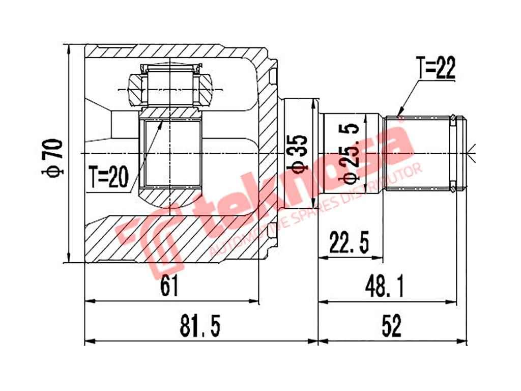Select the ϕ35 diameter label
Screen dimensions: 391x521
pos(299,153)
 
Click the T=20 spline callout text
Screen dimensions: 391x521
pos(107,177)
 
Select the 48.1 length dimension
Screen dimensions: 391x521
pos(386,288)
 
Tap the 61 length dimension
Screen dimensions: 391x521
pos(169,288)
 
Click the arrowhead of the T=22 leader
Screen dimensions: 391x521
pos(398,114)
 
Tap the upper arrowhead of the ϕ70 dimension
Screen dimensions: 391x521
pos(68,49)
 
